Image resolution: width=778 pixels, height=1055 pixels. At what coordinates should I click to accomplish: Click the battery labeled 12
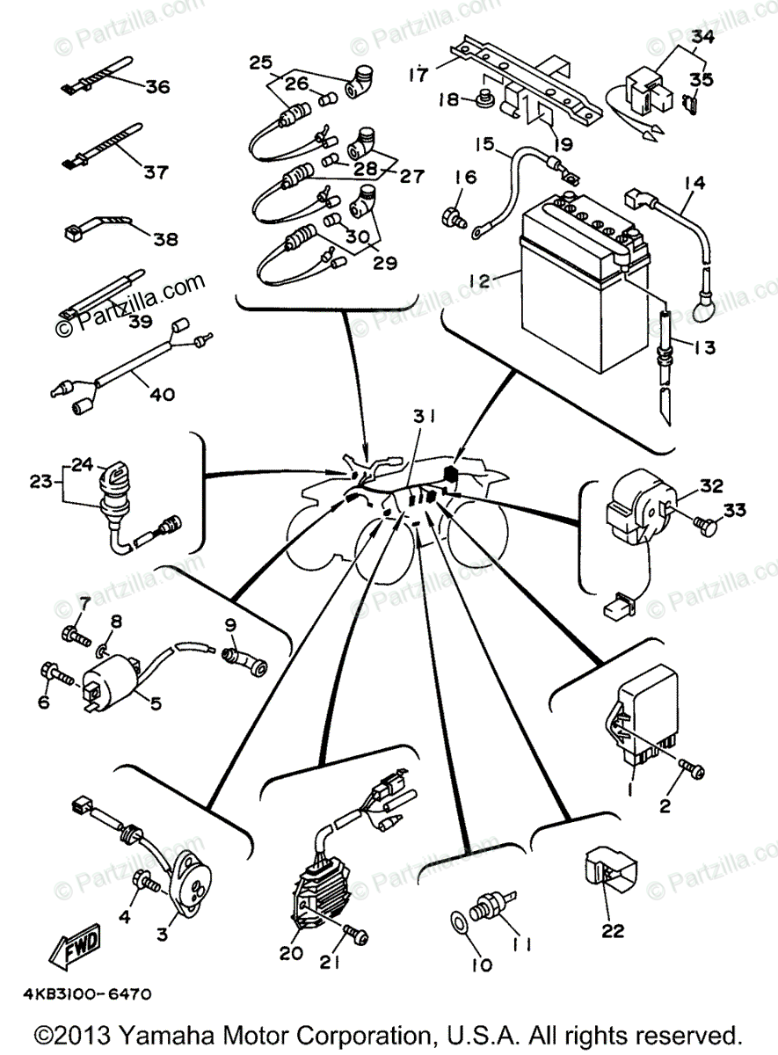576,281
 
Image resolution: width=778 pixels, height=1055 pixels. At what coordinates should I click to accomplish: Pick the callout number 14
694,182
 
